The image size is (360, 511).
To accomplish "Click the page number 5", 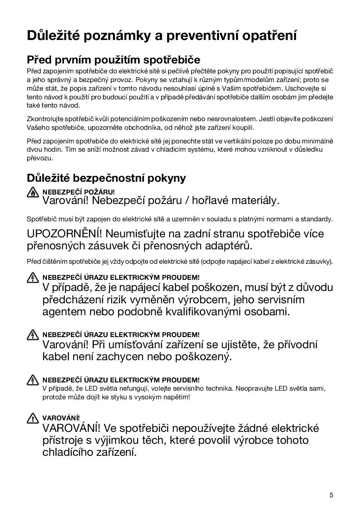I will (331, 495).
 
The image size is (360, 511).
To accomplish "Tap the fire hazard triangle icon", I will (32, 193).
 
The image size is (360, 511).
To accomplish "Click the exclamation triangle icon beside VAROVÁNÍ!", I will (32, 419).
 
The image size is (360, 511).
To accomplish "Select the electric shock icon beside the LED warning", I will (32, 380).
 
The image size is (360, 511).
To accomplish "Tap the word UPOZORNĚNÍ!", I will (64, 234).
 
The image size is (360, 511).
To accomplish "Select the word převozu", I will (40, 158).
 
